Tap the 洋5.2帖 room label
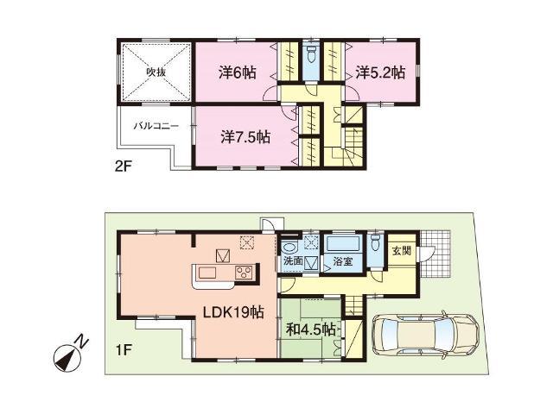point(380,74)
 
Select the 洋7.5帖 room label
point(244,136)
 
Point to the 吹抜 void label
point(155,72)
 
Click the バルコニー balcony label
point(156,126)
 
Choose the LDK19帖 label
point(233,312)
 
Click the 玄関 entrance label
point(403,251)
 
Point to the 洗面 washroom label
point(291,260)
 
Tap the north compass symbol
point(65,354)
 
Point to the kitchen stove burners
point(243,274)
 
